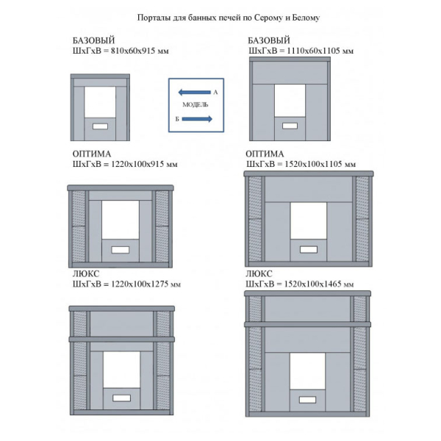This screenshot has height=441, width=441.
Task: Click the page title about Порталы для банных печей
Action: (x=229, y=18)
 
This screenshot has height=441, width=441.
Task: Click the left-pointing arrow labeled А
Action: (x=194, y=92)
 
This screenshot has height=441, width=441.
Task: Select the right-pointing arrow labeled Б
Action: (x=197, y=119)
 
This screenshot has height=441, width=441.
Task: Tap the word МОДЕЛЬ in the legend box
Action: (x=196, y=105)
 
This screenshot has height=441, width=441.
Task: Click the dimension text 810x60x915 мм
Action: (x=140, y=51)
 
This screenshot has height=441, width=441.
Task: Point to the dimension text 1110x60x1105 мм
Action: (x=320, y=51)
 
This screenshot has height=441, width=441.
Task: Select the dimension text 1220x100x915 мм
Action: (x=144, y=164)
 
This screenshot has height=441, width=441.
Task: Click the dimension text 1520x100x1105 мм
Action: (x=320, y=164)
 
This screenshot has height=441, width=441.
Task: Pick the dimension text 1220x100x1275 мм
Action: (x=146, y=284)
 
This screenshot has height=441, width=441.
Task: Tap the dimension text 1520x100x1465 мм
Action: (x=319, y=284)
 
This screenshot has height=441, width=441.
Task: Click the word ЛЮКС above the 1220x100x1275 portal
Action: (x=86, y=273)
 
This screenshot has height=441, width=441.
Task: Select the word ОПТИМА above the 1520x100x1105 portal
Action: (x=265, y=154)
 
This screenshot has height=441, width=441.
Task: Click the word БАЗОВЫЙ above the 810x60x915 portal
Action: (x=93, y=40)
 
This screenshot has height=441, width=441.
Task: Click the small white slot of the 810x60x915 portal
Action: (x=100, y=126)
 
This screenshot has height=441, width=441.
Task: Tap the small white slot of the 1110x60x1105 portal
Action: (x=290, y=126)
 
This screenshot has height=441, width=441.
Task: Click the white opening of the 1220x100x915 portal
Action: (x=121, y=220)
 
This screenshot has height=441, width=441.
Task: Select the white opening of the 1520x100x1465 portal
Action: (x=307, y=371)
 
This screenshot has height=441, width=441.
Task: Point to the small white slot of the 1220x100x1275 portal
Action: (x=121, y=398)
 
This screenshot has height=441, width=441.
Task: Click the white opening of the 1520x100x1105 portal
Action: (x=308, y=220)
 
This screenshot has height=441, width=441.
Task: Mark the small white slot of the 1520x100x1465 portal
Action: (x=308, y=400)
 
